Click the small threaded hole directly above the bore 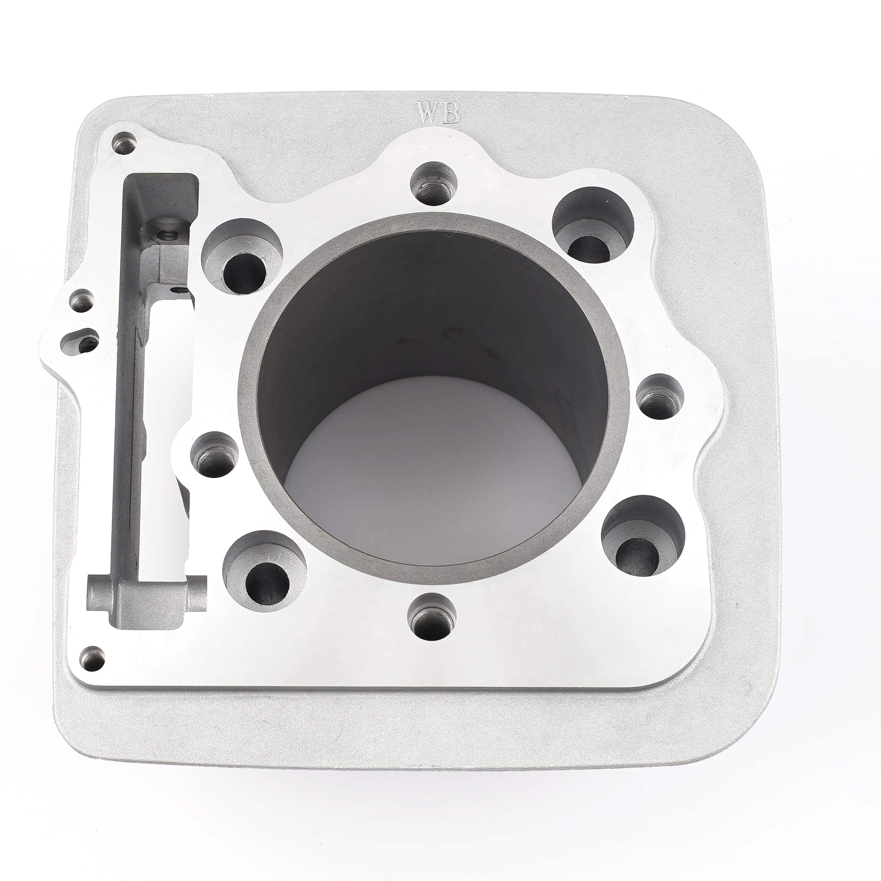(434, 185)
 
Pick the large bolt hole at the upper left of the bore (242, 258)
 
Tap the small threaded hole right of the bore (659, 396)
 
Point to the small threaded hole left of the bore (214, 454)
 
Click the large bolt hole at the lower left (265, 573)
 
